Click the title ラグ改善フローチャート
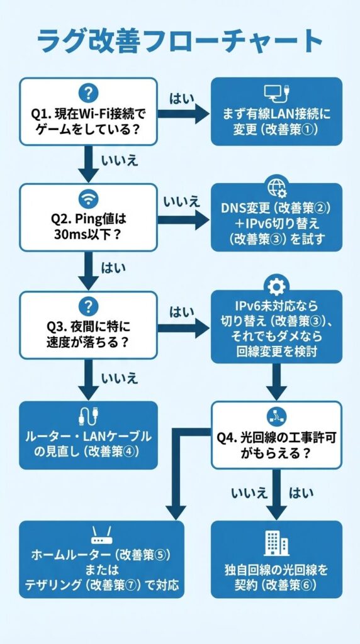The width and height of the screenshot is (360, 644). tap(179, 42)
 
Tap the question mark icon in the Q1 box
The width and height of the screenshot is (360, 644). tap(88, 92)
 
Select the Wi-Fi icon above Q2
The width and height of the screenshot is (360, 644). tap(88, 199)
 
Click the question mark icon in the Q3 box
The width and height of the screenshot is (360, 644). tap(88, 306)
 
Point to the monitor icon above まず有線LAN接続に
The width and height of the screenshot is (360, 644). tap(276, 93)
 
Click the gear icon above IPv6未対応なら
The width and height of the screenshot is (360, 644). tap(276, 287)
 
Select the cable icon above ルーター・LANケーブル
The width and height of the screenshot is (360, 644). tap(88, 417)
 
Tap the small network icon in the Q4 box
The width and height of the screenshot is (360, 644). tap(276, 413)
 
